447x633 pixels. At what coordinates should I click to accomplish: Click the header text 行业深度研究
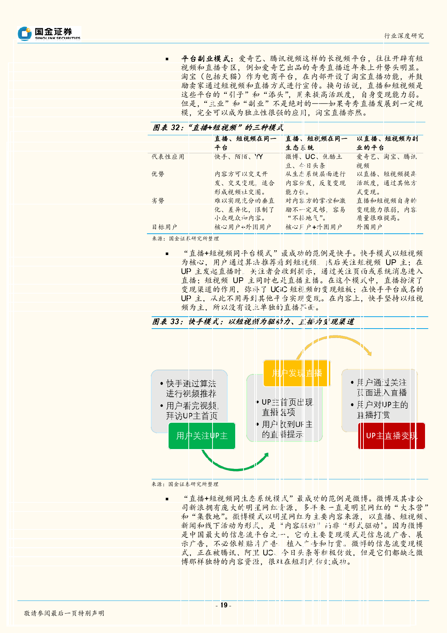(404, 36)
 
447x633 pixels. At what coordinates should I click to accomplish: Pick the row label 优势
(158, 174)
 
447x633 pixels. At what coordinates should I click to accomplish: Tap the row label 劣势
(158, 201)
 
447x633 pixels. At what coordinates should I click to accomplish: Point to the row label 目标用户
(164, 227)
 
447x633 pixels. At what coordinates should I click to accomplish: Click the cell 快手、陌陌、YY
(239, 157)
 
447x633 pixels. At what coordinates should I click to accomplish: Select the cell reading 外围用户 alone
(369, 227)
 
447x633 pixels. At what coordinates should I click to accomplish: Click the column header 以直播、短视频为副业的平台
(387, 143)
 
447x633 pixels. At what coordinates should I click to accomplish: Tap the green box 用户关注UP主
(202, 436)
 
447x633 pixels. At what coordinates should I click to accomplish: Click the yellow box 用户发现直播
(297, 373)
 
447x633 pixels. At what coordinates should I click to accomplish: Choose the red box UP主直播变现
(392, 436)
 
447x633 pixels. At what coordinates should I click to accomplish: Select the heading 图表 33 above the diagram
(253, 322)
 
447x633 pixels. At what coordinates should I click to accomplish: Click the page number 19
(224, 605)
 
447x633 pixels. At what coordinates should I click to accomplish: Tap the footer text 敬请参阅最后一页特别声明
(64, 613)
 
